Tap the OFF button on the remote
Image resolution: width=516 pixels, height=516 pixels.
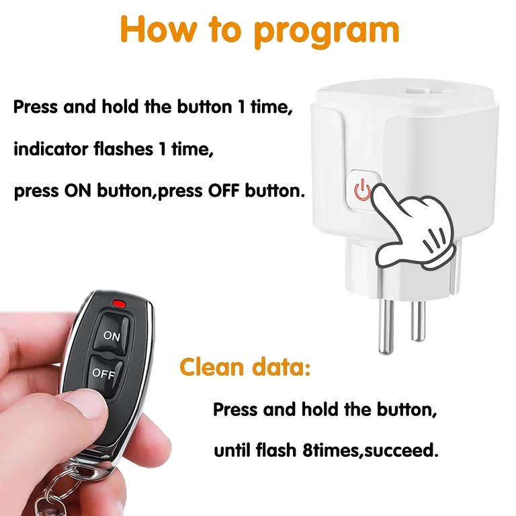pyautogui.click(x=103, y=374)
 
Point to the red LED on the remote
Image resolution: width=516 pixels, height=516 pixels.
pyautogui.click(x=121, y=303)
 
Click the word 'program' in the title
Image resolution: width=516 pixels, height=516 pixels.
pyautogui.click(x=327, y=30)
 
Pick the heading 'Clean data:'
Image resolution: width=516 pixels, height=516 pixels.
pyautogui.click(x=245, y=368)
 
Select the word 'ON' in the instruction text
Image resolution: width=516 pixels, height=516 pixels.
pyautogui.click(x=78, y=191)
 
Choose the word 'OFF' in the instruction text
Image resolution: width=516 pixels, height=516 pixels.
pyautogui.click(x=224, y=191)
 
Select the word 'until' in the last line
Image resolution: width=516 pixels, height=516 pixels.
pyautogui.click(x=231, y=450)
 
